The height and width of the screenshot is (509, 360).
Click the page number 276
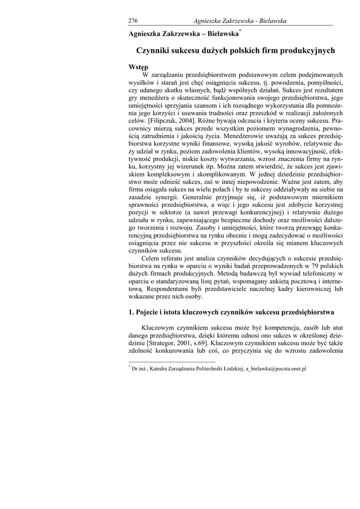pyautogui.click(x=133, y=20)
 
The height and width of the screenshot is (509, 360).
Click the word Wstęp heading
pyautogui.click(x=139, y=67)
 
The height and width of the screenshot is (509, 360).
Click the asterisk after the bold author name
pyautogui.click(x=240, y=30)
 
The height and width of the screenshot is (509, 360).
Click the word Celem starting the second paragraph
pyautogui.click(x=151, y=258)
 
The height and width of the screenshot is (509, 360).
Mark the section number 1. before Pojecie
pyautogui.click(x=131, y=312)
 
